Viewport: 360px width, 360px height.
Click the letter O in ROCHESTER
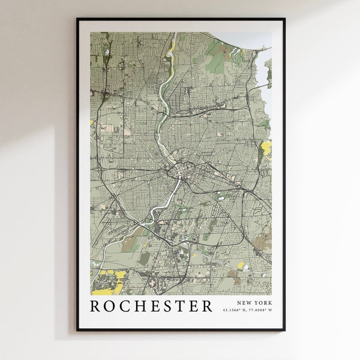pyautogui.click(x=112, y=306)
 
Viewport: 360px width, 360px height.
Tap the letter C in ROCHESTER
pyautogui.click(x=128, y=306)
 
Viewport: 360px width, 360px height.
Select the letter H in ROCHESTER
pyautogui.click(x=143, y=306)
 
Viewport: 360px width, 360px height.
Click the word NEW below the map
pyautogui.click(x=245, y=303)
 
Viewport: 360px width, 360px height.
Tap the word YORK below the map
pyautogui.click(x=262, y=303)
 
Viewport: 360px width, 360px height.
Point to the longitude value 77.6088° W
pyautogui.click(x=259, y=310)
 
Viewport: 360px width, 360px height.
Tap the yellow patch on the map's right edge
pyautogui.click(x=266, y=146)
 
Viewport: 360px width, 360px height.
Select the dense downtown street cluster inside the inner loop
pyautogui.click(x=179, y=173)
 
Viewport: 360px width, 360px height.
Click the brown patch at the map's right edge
pyautogui.click(x=262, y=241)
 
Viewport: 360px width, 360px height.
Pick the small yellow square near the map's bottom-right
pyautogui.click(x=241, y=265)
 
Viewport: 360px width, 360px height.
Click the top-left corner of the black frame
pyautogui.click(x=77, y=19)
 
